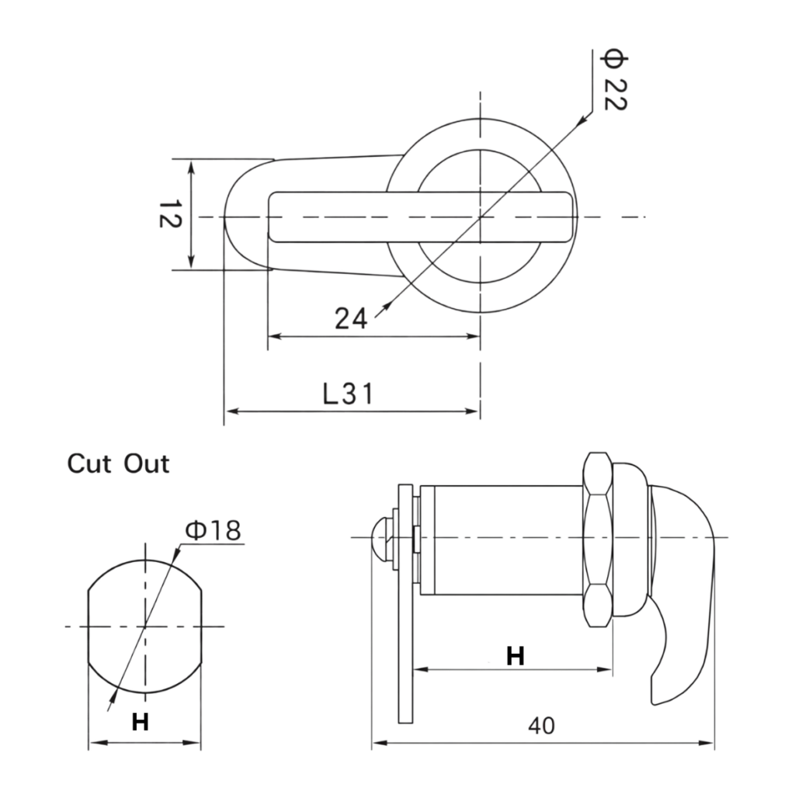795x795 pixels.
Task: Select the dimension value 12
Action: [x=169, y=215]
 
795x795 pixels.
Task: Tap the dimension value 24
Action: [x=351, y=318]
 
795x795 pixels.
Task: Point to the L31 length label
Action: [x=348, y=394]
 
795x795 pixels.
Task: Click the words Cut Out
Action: [x=118, y=464]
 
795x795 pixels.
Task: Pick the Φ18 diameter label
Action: [x=213, y=530]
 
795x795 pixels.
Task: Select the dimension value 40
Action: [x=542, y=726]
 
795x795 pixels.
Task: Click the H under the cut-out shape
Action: [x=140, y=723]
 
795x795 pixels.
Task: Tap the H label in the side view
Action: [x=515, y=656]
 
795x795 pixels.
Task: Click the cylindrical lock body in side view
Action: [x=505, y=540]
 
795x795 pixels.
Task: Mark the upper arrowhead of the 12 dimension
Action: [x=191, y=165]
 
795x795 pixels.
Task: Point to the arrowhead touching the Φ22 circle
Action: [x=579, y=121]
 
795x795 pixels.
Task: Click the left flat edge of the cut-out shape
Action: [x=89, y=627]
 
